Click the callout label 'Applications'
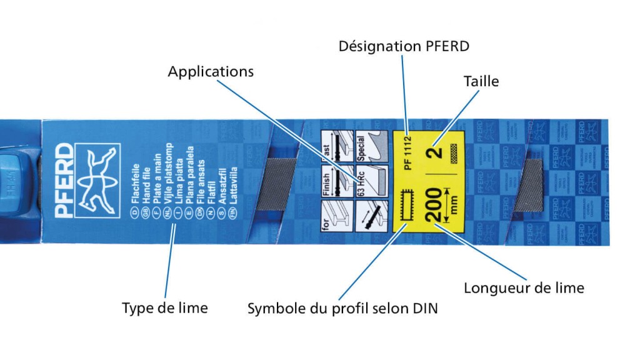pos(211,71)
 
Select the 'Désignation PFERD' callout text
pos(403,46)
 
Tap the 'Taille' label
pos(481,81)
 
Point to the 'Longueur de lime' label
pos(524,288)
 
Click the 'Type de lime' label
pos(164,307)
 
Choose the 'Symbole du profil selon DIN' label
pos(342,308)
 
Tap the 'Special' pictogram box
pos(367,147)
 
